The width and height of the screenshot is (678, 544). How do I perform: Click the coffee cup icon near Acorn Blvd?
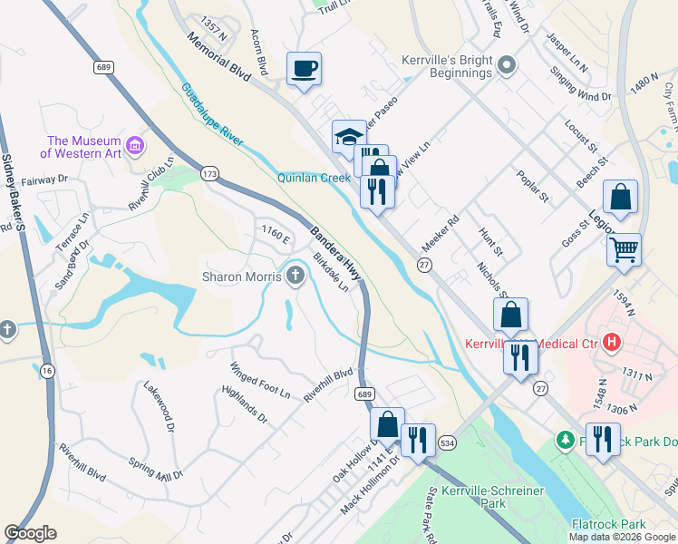304,67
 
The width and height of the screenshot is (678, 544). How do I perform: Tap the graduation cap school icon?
349,136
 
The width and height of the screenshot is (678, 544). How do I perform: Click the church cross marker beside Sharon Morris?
295,276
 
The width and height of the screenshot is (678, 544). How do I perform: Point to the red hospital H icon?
612,343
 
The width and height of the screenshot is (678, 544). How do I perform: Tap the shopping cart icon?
625,248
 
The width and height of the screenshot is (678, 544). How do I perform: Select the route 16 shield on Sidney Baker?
47,369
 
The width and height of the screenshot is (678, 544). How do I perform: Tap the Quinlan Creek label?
314,179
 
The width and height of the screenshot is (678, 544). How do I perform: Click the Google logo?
30,533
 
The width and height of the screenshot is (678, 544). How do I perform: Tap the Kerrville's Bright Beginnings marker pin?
507,64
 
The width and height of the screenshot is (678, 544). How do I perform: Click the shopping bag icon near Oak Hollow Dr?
387,423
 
